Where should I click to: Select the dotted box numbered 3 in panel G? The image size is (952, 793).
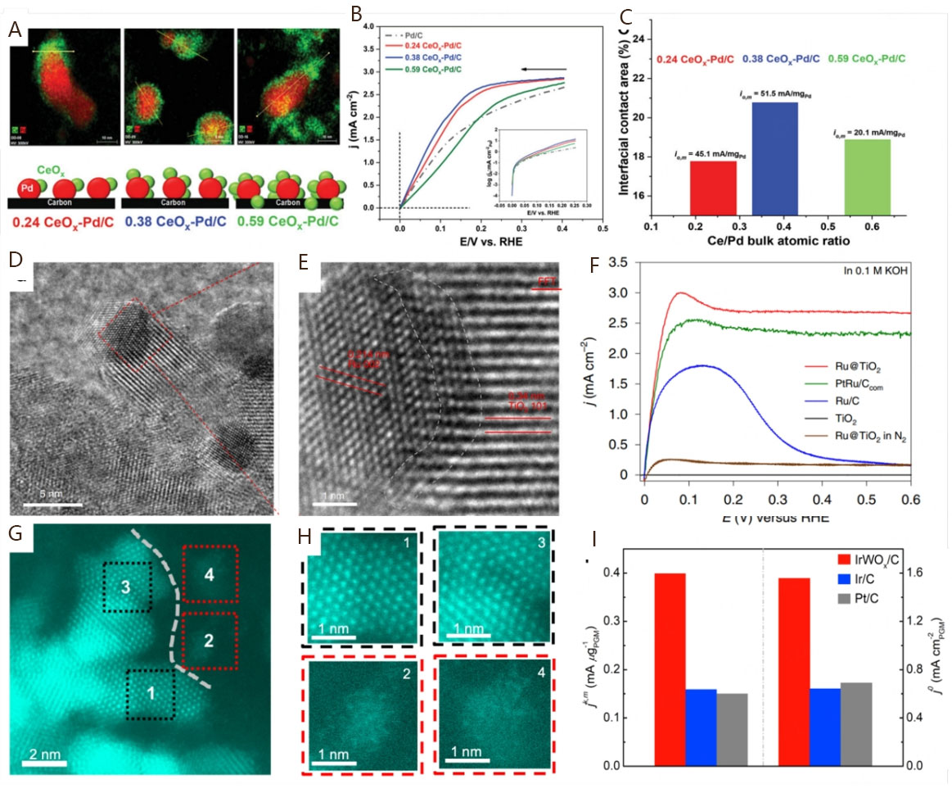coord(127,587)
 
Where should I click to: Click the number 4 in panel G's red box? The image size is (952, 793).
coord(210,575)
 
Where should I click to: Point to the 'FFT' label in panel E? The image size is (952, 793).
coord(546,281)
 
